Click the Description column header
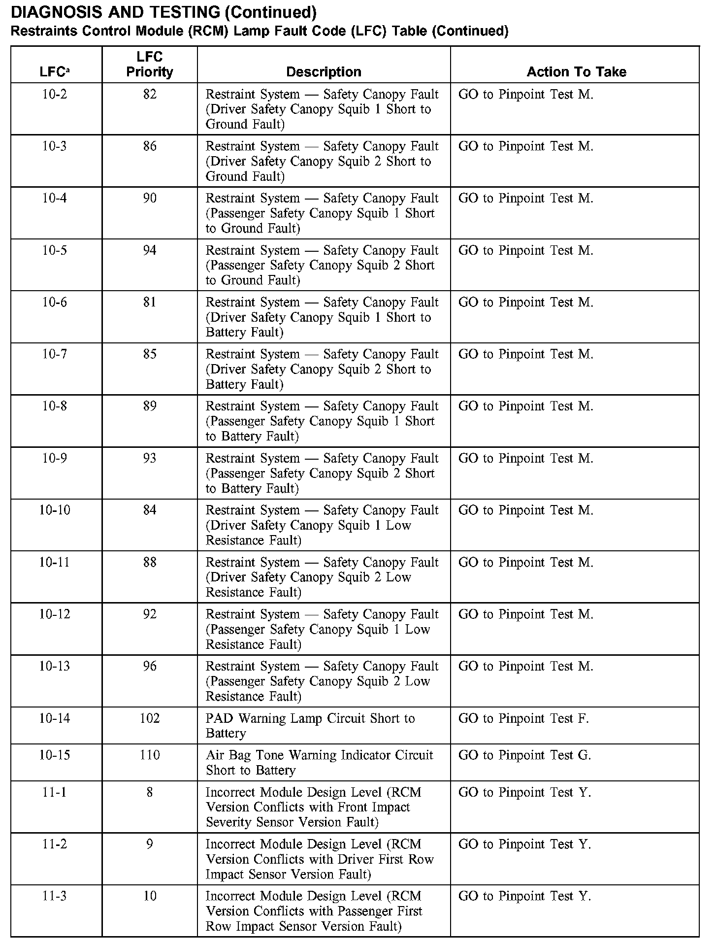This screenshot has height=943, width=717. (324, 72)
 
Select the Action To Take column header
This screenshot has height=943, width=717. (576, 72)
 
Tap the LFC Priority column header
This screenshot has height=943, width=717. (150, 65)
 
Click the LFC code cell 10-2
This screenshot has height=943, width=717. (55, 94)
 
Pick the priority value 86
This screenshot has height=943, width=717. (150, 146)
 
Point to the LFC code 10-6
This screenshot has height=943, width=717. (55, 302)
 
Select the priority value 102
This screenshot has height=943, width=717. (150, 718)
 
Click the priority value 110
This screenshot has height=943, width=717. (150, 755)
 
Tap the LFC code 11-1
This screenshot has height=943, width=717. (55, 792)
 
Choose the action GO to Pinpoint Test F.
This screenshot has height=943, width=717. (523, 718)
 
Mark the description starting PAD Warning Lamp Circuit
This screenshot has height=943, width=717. (310, 726)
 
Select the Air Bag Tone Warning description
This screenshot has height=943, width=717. (319, 763)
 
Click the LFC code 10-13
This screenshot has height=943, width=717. (55, 666)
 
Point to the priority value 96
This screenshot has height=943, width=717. (150, 666)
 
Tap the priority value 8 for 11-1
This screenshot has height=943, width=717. (150, 792)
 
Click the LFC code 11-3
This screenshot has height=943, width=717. (55, 896)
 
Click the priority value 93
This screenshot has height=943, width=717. (150, 458)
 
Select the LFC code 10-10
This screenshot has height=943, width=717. (55, 510)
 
